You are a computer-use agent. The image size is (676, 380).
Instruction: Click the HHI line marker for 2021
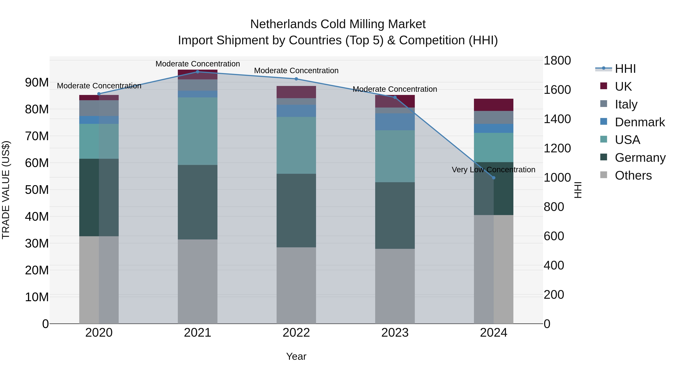[198, 72]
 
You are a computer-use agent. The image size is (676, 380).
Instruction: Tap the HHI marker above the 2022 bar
[296, 79]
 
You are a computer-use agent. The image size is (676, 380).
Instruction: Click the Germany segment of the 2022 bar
[296, 210]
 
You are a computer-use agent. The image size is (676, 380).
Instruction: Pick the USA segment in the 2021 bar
[198, 131]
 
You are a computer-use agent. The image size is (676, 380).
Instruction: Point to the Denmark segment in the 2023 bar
[395, 122]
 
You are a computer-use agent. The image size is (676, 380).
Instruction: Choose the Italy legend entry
[626, 104]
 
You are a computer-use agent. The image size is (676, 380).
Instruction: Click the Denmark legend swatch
[604, 122]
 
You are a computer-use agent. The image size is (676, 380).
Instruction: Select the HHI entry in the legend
[625, 69]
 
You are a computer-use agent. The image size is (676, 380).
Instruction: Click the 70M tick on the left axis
[37, 136]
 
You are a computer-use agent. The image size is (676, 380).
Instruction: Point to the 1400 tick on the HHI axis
[557, 119]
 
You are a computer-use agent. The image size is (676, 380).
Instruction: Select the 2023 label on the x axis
[395, 333]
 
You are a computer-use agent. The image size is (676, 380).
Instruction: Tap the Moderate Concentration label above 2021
[198, 64]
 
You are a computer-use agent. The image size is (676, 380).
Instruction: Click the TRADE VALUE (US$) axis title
[6, 190]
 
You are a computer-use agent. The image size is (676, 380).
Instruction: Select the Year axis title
[296, 356]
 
